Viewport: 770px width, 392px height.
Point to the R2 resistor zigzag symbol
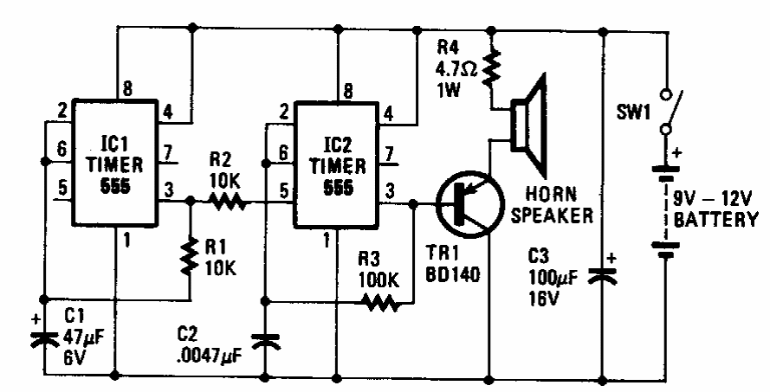pyautogui.click(x=228, y=204)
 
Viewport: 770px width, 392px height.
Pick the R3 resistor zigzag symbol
pyautogui.click(x=379, y=303)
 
